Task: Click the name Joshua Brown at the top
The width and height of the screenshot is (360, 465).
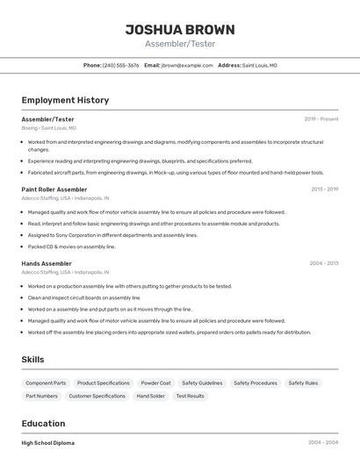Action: point(179,28)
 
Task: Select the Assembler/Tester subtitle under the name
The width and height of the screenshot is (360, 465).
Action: point(179,44)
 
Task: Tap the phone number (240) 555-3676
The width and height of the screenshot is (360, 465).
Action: point(120,65)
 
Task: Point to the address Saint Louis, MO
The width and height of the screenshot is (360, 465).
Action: point(259,65)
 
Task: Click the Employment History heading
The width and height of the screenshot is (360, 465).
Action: point(65,100)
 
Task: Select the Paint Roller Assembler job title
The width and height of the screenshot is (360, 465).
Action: point(54,189)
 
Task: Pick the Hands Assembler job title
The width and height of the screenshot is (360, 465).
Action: point(47,263)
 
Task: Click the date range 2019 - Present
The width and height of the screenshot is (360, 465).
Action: point(321,118)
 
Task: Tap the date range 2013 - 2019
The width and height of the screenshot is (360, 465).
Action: point(324,189)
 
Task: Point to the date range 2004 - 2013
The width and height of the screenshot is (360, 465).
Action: point(324,263)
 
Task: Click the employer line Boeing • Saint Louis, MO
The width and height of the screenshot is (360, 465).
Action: point(48,128)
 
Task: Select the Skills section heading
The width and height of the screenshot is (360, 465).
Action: point(32,360)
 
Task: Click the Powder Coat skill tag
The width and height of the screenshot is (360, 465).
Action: point(155,383)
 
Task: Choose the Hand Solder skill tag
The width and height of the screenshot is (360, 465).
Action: point(150,397)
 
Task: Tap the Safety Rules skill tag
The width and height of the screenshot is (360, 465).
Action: point(303,383)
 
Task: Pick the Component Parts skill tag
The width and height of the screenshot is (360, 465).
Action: point(46,383)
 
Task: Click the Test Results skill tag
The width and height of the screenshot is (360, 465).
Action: point(190,397)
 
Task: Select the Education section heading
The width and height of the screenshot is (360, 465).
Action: point(43,423)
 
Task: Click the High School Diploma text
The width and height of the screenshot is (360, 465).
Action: point(48,443)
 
